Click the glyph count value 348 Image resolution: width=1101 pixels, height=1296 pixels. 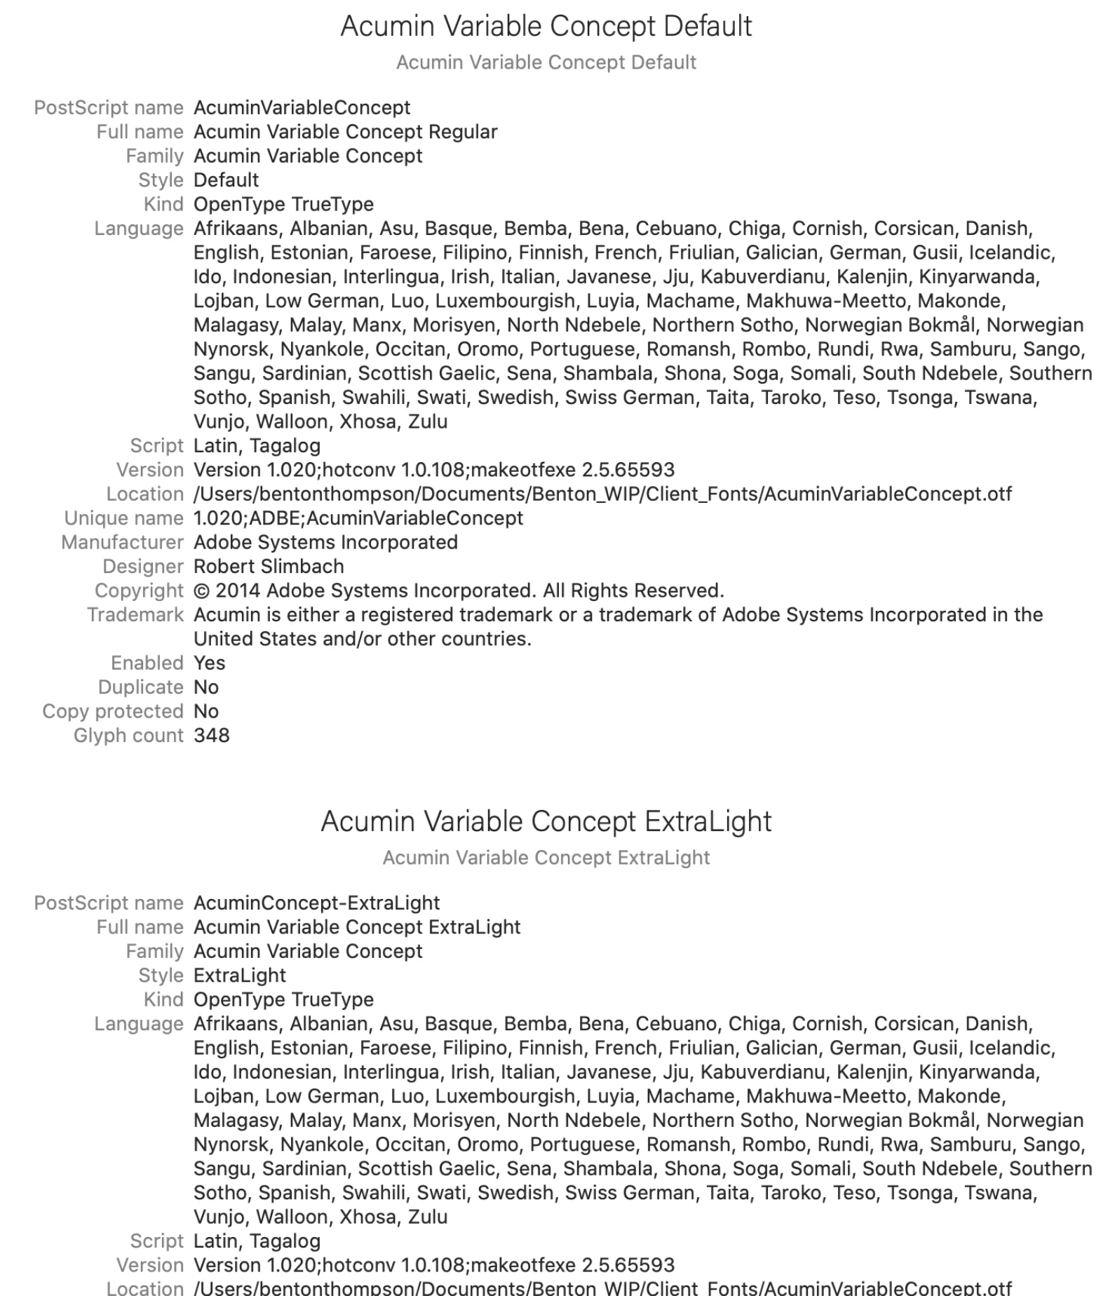coord(212,736)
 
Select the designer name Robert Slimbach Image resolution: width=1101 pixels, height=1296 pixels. coord(269,567)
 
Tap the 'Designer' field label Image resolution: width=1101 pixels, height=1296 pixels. coord(143,567)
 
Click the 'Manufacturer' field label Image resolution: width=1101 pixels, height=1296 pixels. coord(122,543)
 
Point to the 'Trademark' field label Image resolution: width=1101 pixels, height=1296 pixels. coord(135,615)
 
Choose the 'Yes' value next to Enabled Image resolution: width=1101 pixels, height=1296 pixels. coord(209,663)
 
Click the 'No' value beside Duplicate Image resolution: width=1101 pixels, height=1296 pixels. coord(206,687)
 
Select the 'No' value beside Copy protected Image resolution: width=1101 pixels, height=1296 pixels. coord(206,712)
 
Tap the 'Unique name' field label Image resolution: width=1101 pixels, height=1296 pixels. coord(123,518)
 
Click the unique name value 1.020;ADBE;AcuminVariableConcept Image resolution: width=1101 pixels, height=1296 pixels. coord(358,518)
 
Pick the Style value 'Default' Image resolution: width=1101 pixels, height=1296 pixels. coord(226,180)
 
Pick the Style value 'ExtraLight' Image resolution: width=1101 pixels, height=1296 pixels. coord(240,976)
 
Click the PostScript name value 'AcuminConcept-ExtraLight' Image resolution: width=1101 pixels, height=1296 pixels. coord(317,903)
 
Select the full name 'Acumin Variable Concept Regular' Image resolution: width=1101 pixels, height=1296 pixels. coord(346,132)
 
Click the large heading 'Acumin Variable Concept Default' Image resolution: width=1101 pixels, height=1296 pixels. coord(546,27)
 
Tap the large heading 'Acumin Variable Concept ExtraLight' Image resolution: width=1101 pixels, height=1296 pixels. coord(546,821)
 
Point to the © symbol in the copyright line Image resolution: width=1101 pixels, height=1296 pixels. coord(202,591)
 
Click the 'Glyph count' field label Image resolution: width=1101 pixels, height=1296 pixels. coord(128,736)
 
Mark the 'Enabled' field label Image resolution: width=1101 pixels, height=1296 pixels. coord(147,663)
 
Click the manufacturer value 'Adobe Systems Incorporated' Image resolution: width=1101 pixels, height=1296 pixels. coord(325,543)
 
